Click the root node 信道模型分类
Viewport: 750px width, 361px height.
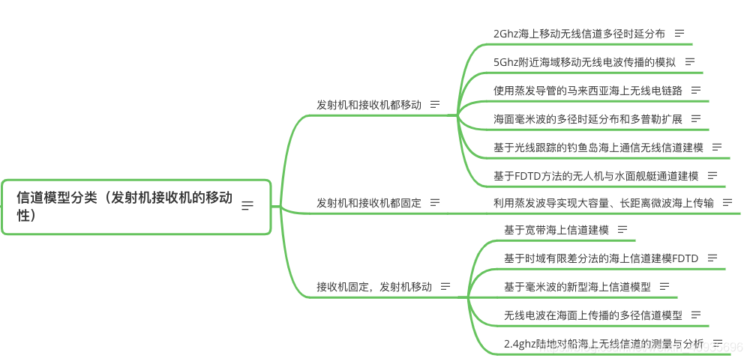point(124,206)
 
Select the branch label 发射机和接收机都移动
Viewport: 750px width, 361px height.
point(369,105)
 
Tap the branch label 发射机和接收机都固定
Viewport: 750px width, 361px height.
point(369,202)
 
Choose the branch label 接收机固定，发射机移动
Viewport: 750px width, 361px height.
point(374,286)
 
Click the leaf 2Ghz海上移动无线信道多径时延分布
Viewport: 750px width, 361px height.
point(579,34)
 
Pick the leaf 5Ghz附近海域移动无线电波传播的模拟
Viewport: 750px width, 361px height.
point(584,62)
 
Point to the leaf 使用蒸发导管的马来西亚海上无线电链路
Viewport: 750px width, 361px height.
point(587,91)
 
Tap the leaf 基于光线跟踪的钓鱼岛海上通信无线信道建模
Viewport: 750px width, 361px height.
point(598,148)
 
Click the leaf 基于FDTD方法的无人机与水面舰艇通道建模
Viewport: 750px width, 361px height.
point(595,176)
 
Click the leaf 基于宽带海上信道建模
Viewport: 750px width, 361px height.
point(556,230)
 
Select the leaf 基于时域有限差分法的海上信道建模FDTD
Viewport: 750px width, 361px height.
point(601,258)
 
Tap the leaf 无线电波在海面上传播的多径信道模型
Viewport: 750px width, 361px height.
point(593,315)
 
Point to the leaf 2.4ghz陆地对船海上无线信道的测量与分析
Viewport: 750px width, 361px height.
point(604,344)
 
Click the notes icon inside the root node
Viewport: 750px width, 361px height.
point(247,206)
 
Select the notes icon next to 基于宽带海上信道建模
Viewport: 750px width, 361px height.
point(622,230)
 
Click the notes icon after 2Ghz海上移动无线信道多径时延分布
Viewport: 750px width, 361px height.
point(679,34)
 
